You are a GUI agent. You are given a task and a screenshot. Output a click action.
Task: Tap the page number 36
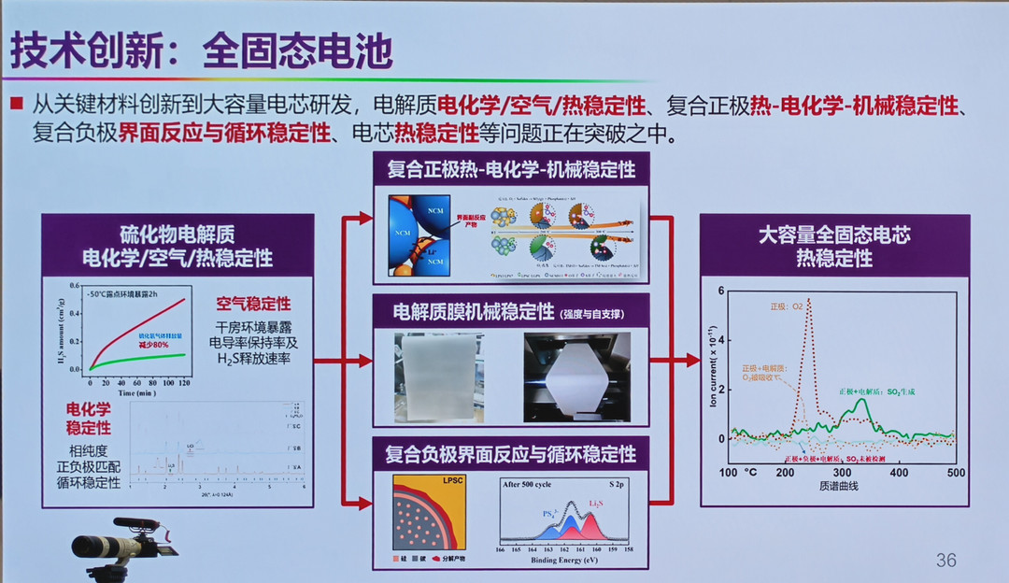[x=946, y=560]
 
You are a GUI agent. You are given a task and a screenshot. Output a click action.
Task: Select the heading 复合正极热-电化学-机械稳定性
[x=511, y=170]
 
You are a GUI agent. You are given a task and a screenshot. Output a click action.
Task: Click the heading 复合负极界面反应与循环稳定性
[x=511, y=454]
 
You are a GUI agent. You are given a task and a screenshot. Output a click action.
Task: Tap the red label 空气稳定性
[x=253, y=304]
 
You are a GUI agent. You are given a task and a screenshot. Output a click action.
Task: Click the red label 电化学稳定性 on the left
[x=89, y=419]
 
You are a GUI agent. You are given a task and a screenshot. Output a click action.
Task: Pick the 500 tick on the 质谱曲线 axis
[x=955, y=474]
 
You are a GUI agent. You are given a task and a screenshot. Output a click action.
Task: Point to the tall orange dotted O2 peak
[x=808, y=304]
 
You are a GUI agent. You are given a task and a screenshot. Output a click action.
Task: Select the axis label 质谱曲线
[x=840, y=486]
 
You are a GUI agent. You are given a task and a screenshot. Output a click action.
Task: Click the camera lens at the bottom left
[x=92, y=546]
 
